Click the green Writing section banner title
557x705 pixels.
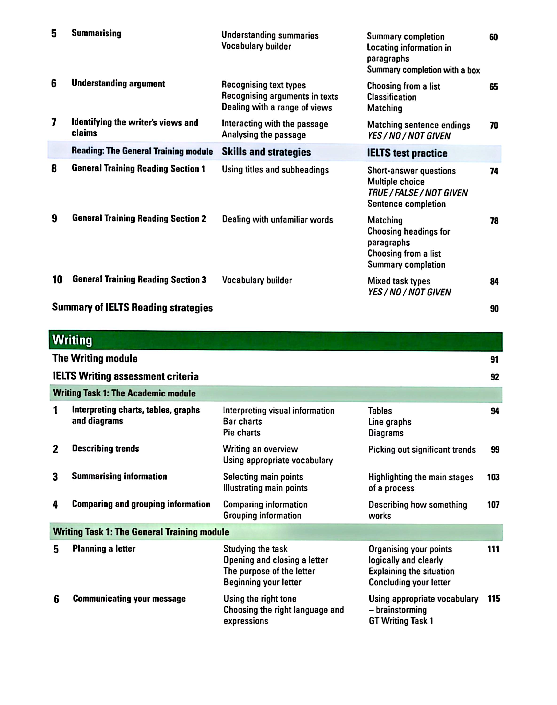[72, 340]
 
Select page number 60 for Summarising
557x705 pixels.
[493, 37]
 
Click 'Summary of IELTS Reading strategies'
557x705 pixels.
[132, 308]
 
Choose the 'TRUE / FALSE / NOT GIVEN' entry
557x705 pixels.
[417, 193]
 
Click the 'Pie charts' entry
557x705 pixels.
[242, 432]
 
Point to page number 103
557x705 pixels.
[493, 477]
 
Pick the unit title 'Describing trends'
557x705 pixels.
[106, 449]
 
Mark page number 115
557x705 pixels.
[494, 599]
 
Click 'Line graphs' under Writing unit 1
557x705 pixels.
[389, 422]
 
